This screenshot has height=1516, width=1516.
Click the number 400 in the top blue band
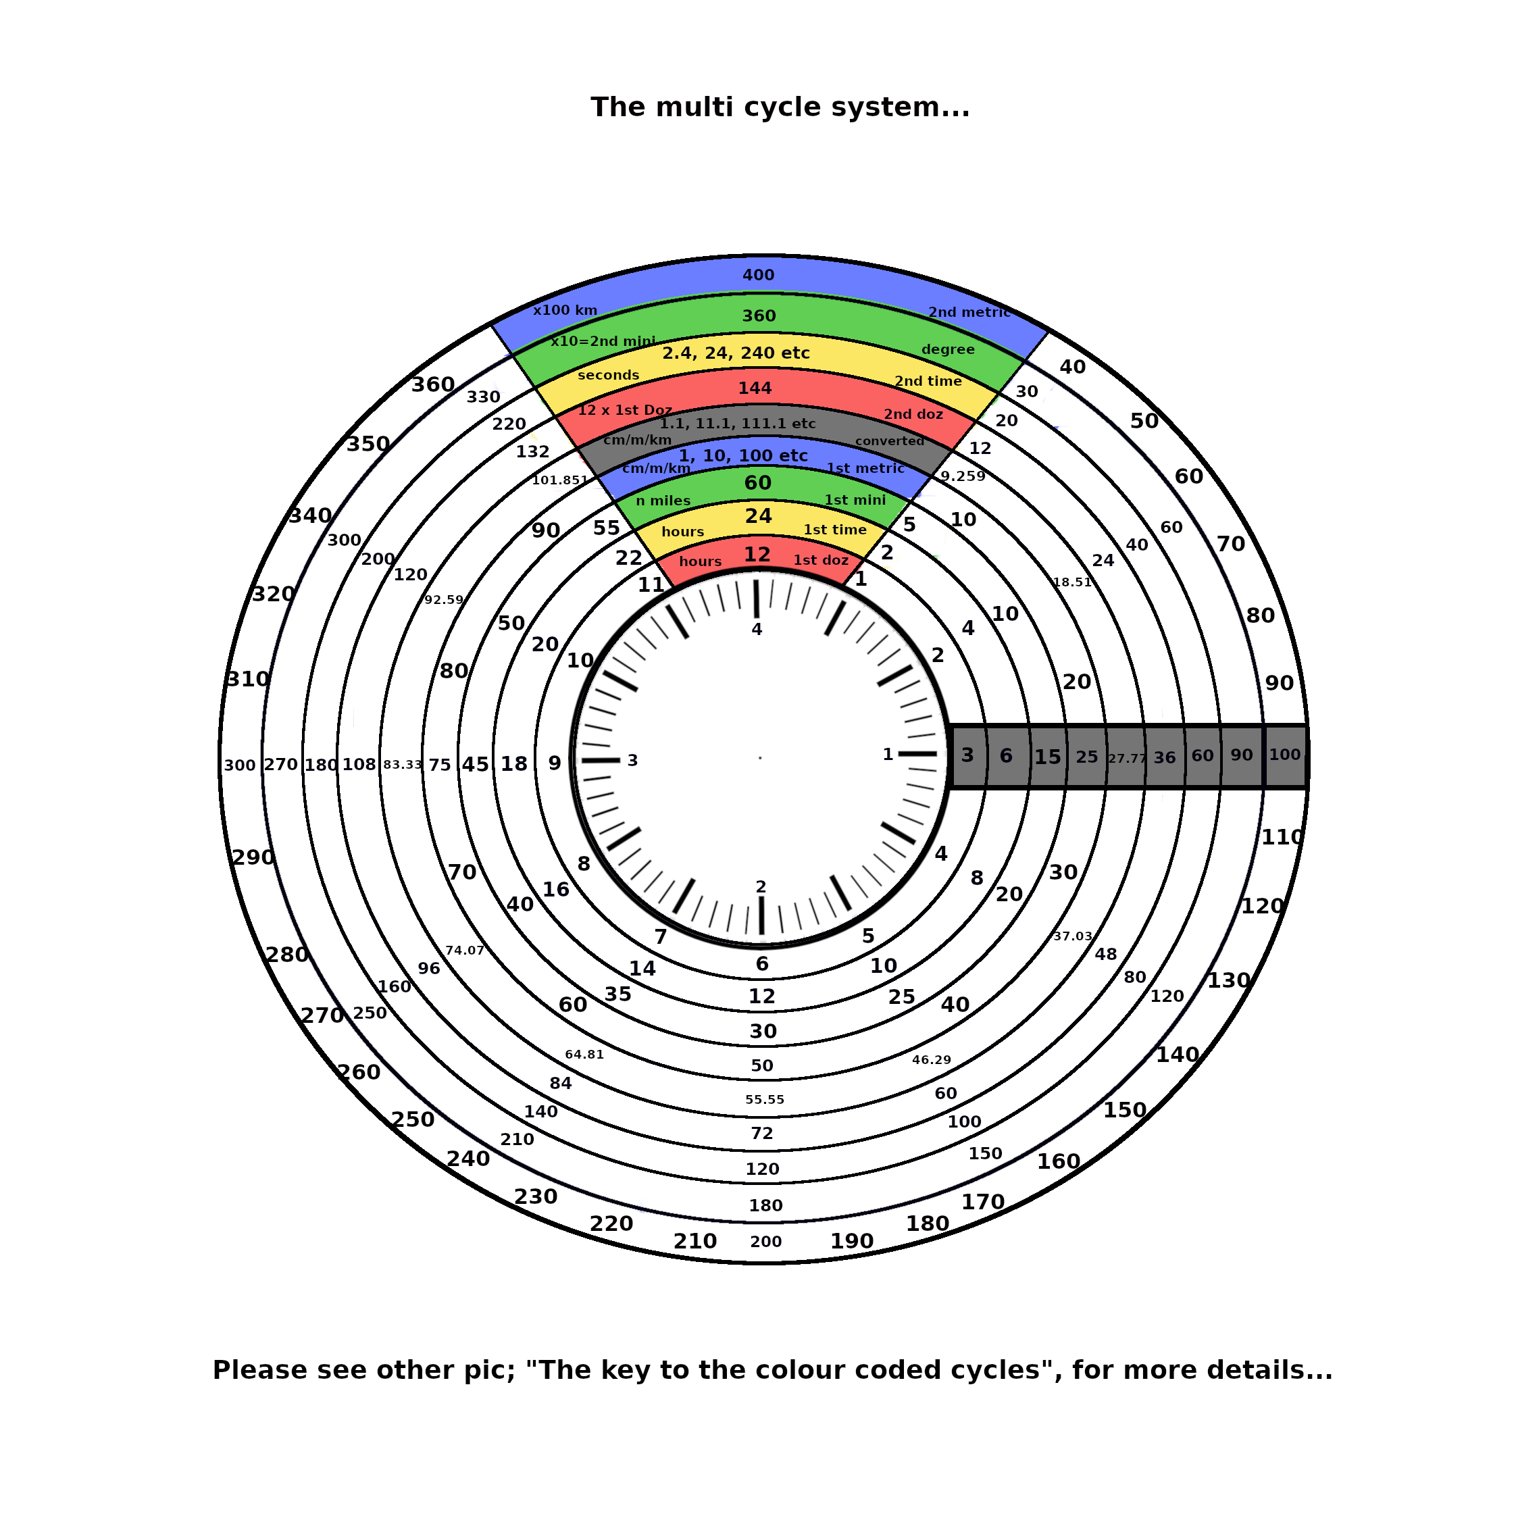pyautogui.click(x=758, y=276)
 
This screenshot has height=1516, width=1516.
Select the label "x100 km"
pyautogui.click(x=565, y=310)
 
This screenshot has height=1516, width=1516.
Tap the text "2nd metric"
pyautogui.click(x=969, y=312)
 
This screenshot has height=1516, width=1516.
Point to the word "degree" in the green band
pyautogui.click(x=948, y=349)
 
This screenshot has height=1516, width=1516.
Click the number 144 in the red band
pyautogui.click(x=755, y=388)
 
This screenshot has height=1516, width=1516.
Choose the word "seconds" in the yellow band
pyautogui.click(x=608, y=375)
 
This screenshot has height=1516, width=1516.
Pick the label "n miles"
pyautogui.click(x=663, y=501)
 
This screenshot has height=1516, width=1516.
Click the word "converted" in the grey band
pyautogui.click(x=890, y=441)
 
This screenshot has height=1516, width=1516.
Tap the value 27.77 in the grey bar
pyautogui.click(x=1127, y=759)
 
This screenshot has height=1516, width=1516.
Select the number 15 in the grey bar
pyautogui.click(x=1048, y=757)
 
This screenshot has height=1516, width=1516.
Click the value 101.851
pyautogui.click(x=559, y=480)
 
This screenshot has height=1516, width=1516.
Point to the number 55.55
pyautogui.click(x=765, y=1100)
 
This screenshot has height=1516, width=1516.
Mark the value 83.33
pyautogui.click(x=403, y=765)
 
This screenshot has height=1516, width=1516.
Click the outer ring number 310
pyautogui.click(x=248, y=680)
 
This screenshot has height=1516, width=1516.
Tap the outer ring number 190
pyautogui.click(x=851, y=1241)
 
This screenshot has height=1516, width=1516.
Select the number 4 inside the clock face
pyautogui.click(x=757, y=630)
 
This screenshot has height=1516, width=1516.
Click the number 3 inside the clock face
pyautogui.click(x=632, y=760)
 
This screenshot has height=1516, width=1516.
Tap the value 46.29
pyautogui.click(x=932, y=1060)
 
